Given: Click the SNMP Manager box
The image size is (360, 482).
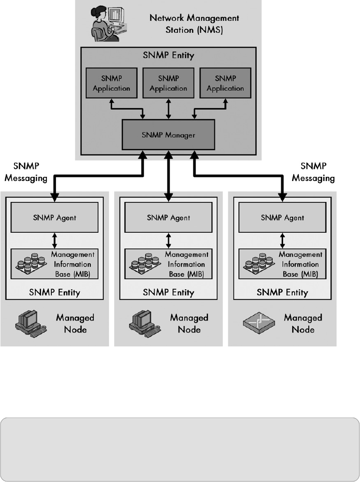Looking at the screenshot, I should (168, 135).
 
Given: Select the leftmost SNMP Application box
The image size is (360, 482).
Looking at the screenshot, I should (111, 83).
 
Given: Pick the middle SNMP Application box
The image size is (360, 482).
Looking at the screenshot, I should (168, 83).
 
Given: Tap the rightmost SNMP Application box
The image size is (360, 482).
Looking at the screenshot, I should (225, 83).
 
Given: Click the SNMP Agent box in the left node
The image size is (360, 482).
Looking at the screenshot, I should (55, 218).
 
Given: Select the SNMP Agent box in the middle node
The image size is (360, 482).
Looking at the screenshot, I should (169, 218).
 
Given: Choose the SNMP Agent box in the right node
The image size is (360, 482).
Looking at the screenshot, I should (283, 218).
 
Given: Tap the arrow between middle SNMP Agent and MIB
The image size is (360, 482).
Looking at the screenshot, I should (169, 240).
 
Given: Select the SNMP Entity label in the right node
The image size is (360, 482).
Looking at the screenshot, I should (282, 293).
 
